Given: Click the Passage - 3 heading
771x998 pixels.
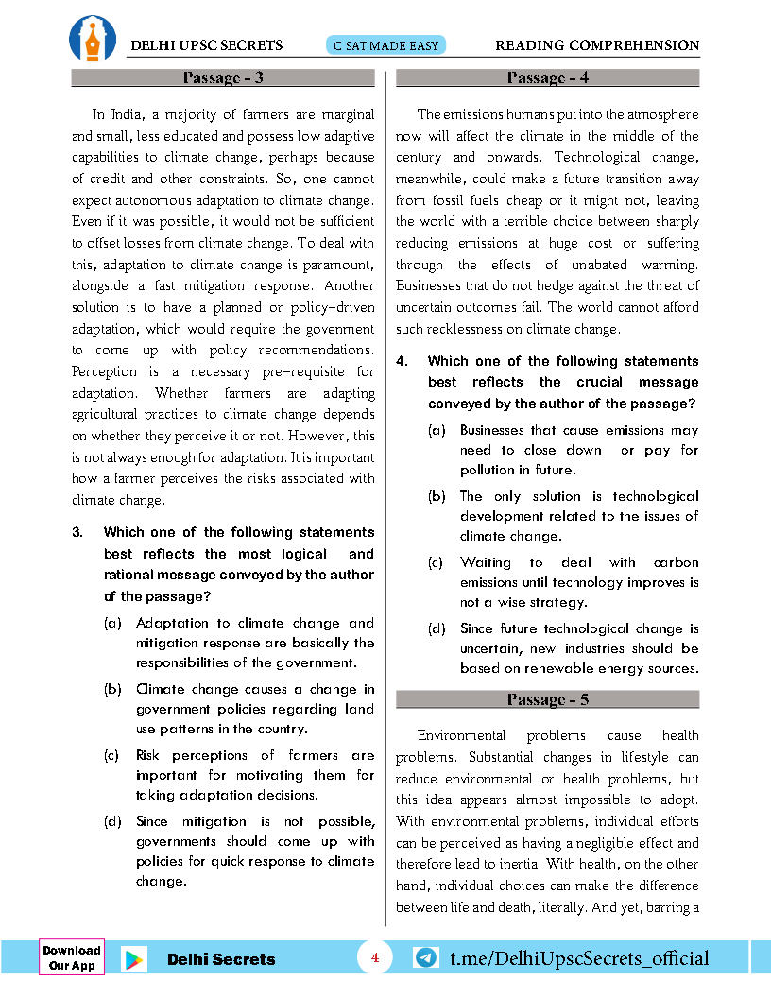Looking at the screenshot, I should tap(223, 77).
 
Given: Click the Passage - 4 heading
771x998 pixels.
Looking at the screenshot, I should tap(548, 77).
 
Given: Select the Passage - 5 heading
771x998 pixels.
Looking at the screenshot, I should tap(548, 699).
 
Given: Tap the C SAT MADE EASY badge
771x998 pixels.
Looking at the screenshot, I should tap(385, 45).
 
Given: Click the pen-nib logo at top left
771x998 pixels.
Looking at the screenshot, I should tap(93, 38).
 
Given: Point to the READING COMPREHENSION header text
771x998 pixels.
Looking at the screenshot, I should tap(597, 45).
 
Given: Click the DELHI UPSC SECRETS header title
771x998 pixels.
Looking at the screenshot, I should tap(207, 45).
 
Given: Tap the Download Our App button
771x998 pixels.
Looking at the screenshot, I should tap(72, 957).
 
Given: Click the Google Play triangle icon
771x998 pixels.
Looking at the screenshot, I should tap(134, 959).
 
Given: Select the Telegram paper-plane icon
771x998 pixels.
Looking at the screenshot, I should tap(426, 957).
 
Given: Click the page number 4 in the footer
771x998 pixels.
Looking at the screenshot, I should tap(374, 957).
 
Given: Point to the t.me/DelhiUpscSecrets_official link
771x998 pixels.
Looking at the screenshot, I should tap(579, 958).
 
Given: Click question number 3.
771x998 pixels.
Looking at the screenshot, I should tap(78, 532).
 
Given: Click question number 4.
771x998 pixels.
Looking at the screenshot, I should tap(402, 361).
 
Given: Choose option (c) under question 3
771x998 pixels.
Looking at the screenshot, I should tap(112, 755).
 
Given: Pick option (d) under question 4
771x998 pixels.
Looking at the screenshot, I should tap(437, 628).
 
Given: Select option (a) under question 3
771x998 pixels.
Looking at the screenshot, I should tap(112, 623).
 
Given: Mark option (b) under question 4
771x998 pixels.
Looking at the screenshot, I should tap(437, 496).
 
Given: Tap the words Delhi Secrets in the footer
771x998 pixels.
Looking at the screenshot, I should tap(221, 959).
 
